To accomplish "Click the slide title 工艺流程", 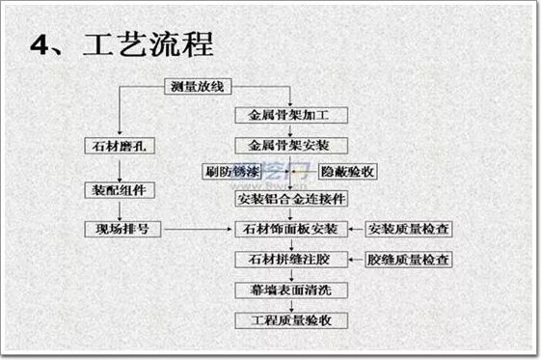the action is pos(149,43).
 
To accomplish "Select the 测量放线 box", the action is pos(197,88).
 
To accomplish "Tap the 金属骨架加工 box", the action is pos(290,116).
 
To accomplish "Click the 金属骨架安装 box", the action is pos(290,146).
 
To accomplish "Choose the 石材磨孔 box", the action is pos(119,146).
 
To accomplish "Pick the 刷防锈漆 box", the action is pos(232,172).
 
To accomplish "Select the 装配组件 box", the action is pos(119,190).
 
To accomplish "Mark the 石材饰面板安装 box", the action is pos(290,230).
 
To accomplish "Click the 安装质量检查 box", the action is pos(409,230).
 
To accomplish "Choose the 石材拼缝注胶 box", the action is pos(290,260).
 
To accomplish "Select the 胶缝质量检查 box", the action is pos(409,260).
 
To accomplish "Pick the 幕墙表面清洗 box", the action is pos(290,290).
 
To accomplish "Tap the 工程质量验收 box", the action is pos(290,319).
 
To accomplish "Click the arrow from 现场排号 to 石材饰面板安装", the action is pos(198,230).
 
